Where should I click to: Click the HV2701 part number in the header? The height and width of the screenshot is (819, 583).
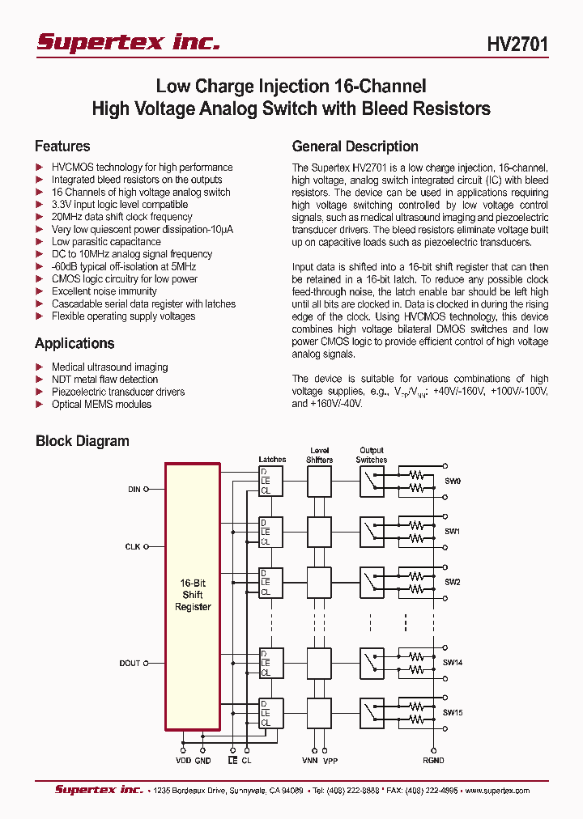pos(517,45)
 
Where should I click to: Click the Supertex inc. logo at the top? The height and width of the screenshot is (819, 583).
pos(128,43)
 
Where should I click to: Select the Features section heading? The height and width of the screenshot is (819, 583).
pos(62,146)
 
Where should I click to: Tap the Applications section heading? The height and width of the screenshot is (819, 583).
pos(74,343)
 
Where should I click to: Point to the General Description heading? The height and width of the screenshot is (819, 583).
pos(355,146)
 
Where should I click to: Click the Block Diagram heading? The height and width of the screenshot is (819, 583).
pos(83,441)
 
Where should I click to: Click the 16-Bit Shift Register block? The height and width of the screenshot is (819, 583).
pos(193,595)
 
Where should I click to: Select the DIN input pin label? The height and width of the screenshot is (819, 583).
pos(134,489)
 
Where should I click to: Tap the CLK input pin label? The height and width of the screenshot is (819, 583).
pos(134,547)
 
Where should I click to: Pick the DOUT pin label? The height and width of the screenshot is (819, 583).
pos(130,663)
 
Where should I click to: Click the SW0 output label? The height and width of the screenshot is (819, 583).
pos(452,481)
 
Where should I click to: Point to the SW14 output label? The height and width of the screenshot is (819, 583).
pos(453,662)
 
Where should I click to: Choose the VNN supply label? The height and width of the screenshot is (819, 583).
pos(310,762)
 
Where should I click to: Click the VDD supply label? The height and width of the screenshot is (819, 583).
pos(183,762)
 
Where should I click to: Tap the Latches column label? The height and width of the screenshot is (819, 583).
pos(272,460)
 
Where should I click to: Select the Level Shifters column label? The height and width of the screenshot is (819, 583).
pos(319,455)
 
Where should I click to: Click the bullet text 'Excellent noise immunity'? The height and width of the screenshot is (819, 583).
pos(104,291)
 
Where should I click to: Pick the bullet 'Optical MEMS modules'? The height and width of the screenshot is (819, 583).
pos(101,404)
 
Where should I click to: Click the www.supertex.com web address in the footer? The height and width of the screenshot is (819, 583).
pos(496,791)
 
